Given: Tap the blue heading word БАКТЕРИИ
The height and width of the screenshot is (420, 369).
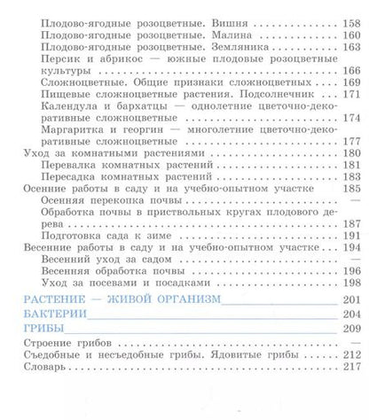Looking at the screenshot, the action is click(55, 315).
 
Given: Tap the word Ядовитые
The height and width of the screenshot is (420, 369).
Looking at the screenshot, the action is click(225, 354).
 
